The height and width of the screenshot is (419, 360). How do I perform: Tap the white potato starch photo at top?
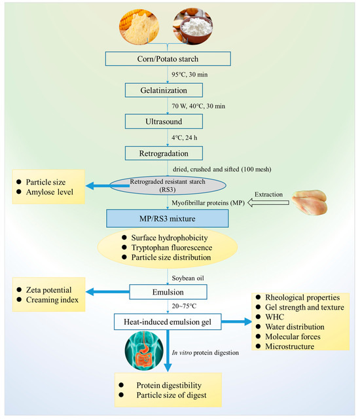point(190,26)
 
